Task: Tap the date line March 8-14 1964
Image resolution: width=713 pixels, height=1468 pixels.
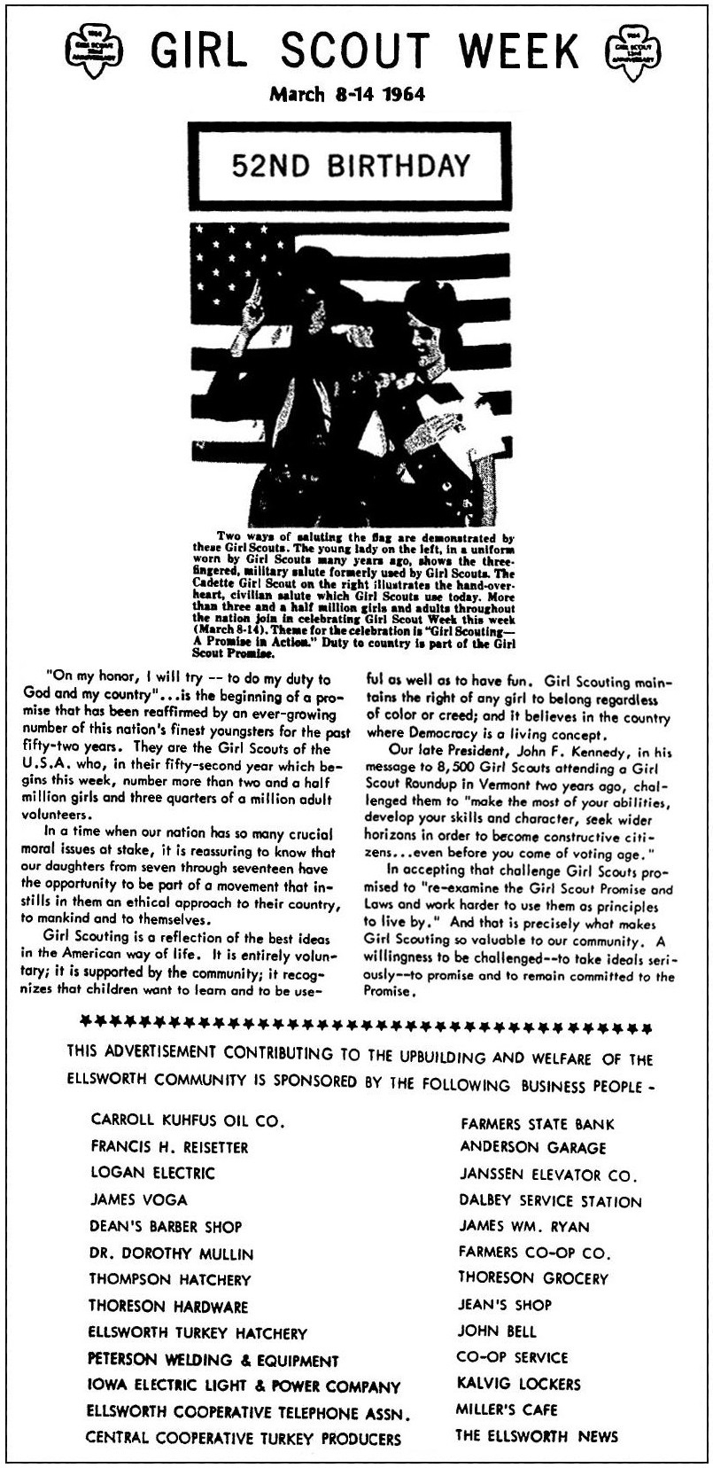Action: click(346, 94)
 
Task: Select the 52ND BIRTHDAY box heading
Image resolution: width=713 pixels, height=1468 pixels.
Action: click(351, 165)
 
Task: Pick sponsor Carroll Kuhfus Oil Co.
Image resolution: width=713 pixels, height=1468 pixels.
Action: click(188, 1121)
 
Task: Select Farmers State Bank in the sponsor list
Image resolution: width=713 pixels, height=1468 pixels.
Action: click(537, 1124)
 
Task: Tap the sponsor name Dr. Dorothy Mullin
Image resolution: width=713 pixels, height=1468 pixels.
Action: click(171, 1253)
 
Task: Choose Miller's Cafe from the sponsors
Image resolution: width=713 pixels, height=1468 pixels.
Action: click(507, 1409)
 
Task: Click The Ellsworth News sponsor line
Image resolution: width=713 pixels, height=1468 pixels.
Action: click(537, 1436)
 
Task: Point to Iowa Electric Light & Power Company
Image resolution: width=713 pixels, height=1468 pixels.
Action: click(244, 1386)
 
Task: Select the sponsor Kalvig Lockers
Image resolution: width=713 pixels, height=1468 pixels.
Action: click(519, 1384)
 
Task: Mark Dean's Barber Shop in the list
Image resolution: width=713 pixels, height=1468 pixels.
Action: click(165, 1227)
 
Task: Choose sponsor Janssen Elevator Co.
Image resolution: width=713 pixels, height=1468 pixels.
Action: click(548, 1175)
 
